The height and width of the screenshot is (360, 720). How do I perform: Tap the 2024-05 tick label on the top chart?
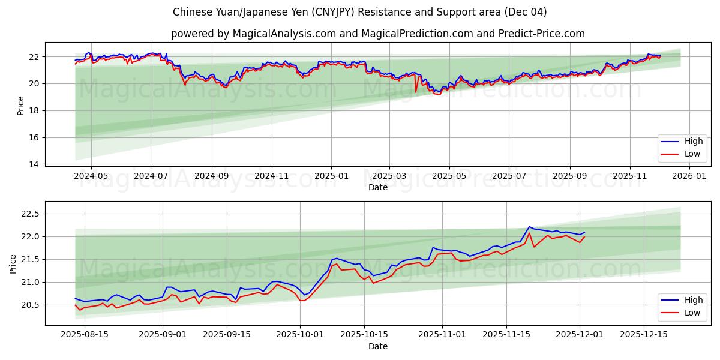[x=91, y=176]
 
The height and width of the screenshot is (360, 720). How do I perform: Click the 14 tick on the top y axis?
[x=34, y=164]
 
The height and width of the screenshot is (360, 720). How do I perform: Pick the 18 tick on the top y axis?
[x=34, y=110]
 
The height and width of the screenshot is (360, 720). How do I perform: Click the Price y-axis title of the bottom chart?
[x=13, y=263]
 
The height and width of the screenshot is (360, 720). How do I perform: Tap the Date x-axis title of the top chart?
[x=378, y=187]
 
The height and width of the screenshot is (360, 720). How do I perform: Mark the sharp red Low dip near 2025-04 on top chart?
[x=416, y=92]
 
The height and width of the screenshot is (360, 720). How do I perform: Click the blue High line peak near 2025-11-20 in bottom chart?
[x=529, y=227]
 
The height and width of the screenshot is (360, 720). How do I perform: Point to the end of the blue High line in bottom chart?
[x=584, y=232]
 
